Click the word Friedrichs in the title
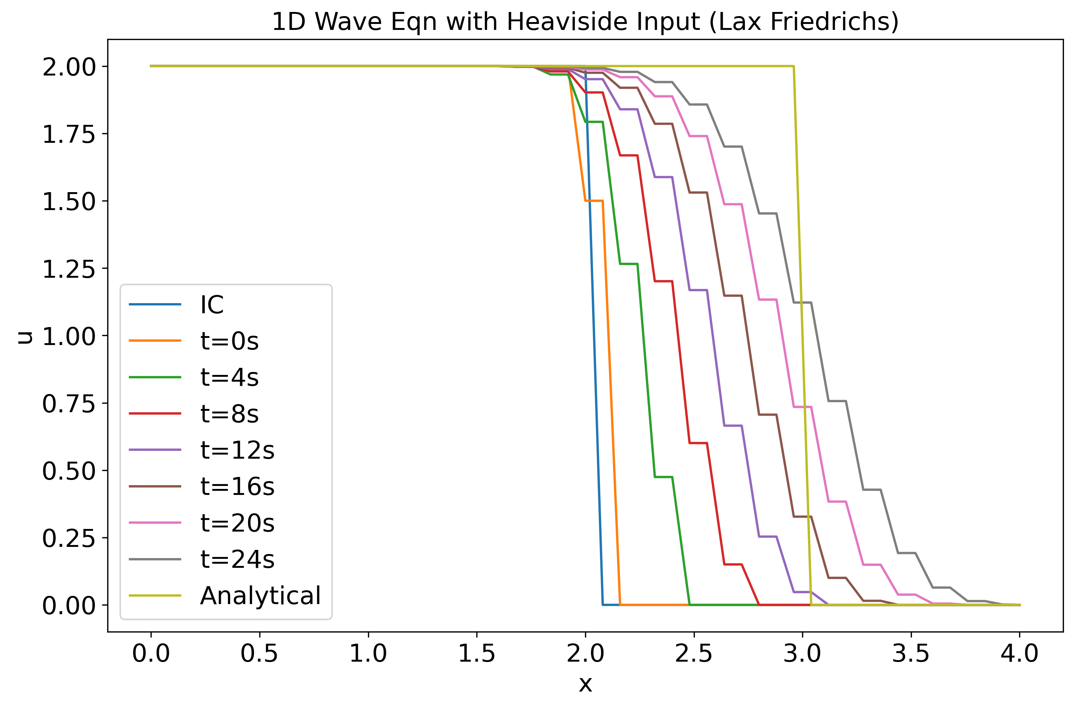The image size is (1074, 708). pyautogui.click(x=835, y=22)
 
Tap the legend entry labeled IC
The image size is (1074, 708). pyautogui.click(x=212, y=305)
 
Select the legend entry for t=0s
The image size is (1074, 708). pyautogui.click(x=229, y=341)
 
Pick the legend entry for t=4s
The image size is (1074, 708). pyautogui.click(x=229, y=378)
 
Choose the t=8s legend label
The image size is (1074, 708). pyautogui.click(x=229, y=414)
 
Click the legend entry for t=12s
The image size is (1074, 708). pyautogui.click(x=237, y=450)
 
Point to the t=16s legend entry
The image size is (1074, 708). pyautogui.click(x=237, y=487)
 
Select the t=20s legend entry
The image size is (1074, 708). pyautogui.click(x=237, y=523)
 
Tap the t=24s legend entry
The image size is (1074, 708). pyautogui.click(x=237, y=560)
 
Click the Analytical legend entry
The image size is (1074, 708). pyautogui.click(x=260, y=596)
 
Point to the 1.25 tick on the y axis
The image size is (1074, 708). pyautogui.click(x=69, y=270)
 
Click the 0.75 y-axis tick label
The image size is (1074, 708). pyautogui.click(x=69, y=404)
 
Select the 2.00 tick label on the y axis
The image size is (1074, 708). pyautogui.click(x=69, y=67)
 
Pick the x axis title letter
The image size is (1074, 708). pyautogui.click(x=585, y=684)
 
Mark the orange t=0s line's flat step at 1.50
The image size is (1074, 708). pyautogui.click(x=594, y=201)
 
